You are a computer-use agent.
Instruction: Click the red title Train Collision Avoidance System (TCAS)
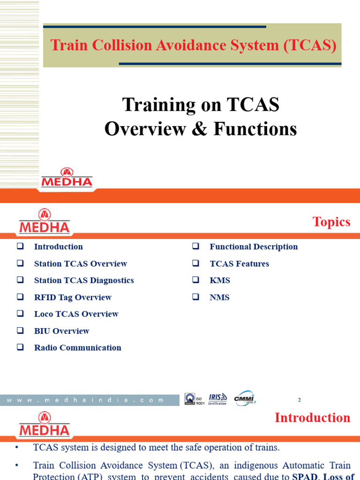click(193, 45)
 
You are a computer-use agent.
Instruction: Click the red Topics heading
click(331, 222)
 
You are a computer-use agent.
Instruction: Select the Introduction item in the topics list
click(58, 247)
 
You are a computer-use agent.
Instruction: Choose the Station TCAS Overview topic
click(80, 263)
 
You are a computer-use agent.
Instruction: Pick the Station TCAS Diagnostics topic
click(84, 280)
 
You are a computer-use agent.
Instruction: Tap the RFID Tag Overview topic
click(73, 297)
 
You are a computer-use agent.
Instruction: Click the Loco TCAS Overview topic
click(76, 314)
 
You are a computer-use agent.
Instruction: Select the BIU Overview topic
click(61, 331)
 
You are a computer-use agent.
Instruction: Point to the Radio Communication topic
click(77, 348)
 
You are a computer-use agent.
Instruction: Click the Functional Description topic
click(253, 247)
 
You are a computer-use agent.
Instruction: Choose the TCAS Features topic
click(239, 263)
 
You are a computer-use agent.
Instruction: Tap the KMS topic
click(220, 280)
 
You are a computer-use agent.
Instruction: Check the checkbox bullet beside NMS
click(196, 297)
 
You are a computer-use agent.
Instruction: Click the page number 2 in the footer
click(300, 400)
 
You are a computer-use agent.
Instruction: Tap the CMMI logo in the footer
click(245, 398)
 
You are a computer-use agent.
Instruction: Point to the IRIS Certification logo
click(217, 399)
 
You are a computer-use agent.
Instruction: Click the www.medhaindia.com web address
click(89, 400)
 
